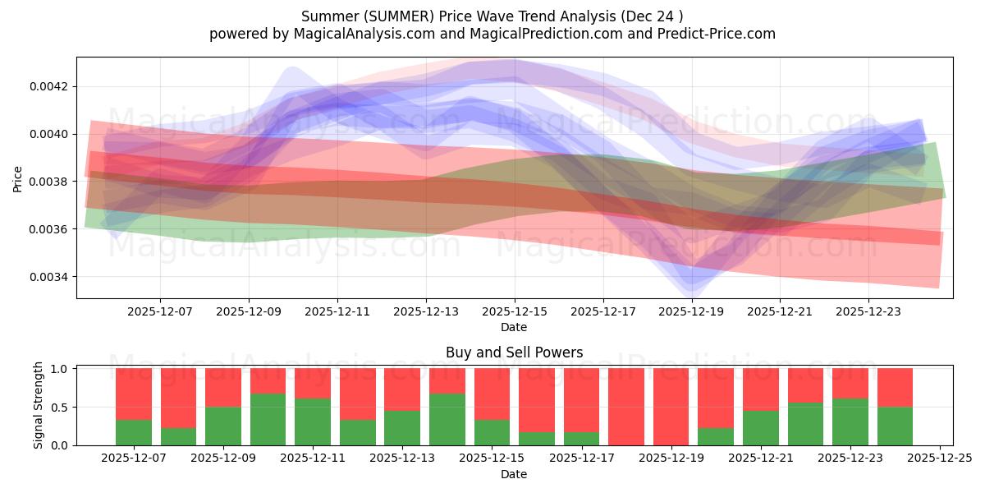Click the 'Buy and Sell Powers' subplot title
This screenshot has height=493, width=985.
[x=514, y=352]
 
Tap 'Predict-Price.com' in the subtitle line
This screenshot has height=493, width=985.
[x=712, y=34]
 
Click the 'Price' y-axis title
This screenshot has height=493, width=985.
[x=18, y=178]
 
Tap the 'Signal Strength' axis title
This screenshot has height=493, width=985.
[x=38, y=406]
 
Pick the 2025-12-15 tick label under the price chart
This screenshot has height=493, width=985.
[x=515, y=311]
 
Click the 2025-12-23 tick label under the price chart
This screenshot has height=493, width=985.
[x=868, y=311]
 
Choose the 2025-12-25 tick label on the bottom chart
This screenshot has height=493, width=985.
[x=937, y=458]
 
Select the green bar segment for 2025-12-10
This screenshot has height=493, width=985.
[x=268, y=419]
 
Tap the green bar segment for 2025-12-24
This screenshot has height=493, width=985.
[x=895, y=426]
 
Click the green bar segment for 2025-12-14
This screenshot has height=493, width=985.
[x=447, y=419]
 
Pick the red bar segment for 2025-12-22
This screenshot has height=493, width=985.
[x=805, y=385]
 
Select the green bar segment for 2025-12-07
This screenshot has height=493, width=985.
[x=134, y=432]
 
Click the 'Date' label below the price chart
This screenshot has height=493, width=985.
[x=514, y=327]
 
